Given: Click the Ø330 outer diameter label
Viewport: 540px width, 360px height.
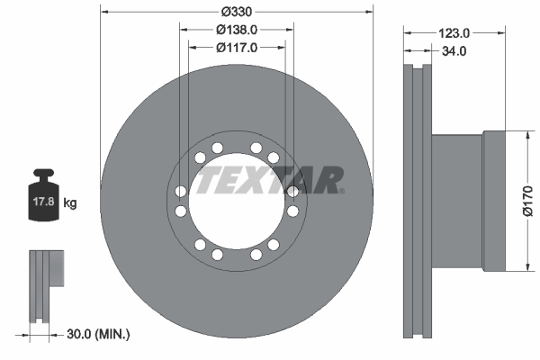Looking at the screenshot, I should click(236, 13).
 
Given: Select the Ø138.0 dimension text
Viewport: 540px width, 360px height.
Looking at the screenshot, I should click(236, 30).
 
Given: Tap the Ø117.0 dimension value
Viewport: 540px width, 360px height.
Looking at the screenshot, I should click(236, 48).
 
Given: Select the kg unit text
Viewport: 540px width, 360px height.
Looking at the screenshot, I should click(69, 203).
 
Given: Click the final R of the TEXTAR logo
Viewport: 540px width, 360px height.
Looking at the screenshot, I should click(329, 180).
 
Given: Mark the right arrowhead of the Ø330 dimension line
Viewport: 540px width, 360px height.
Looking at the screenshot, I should click(368, 13).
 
